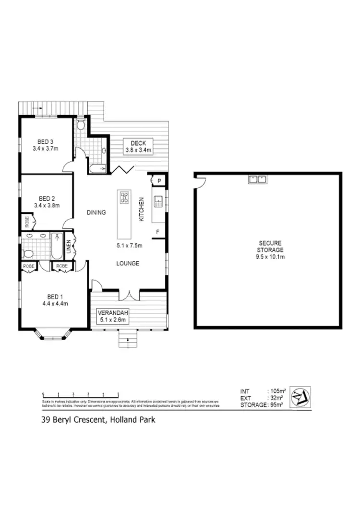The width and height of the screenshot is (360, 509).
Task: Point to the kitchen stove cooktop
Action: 124,197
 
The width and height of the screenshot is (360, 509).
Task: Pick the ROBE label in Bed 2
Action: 26,222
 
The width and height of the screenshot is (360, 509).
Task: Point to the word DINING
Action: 96,213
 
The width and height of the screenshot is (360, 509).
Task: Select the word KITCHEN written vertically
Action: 142,209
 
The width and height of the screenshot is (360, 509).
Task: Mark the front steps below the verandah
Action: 128,340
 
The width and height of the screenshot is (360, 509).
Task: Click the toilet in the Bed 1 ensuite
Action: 27,253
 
